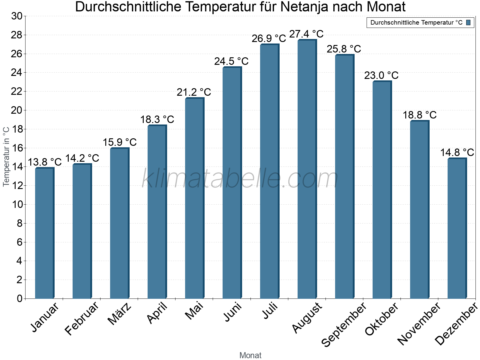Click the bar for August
click(x=307, y=169)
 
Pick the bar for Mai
click(x=194, y=198)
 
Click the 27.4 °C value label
click(x=306, y=34)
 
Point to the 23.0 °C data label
click(x=381, y=75)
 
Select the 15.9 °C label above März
click(x=119, y=142)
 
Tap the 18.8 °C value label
click(x=419, y=115)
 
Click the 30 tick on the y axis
click(x=17, y=16)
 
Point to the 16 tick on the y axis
click(x=17, y=148)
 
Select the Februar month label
click(x=82, y=318)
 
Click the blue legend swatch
click(x=468, y=22)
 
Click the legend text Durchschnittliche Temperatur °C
click(x=416, y=22)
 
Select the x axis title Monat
click(x=250, y=355)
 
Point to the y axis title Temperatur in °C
click(x=6, y=156)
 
